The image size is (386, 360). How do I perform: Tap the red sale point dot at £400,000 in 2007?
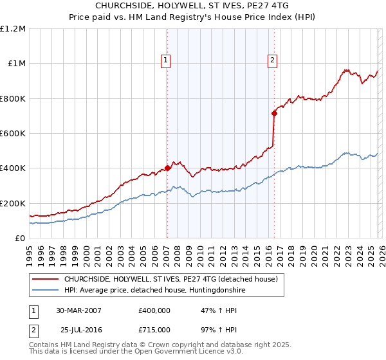167,168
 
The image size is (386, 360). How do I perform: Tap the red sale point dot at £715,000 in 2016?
274,113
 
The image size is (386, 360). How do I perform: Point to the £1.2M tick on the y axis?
13,29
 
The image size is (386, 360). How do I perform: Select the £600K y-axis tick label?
14,134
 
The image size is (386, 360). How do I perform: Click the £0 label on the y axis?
21,239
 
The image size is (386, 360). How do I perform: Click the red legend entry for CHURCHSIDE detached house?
170,279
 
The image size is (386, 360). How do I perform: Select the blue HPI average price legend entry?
154,291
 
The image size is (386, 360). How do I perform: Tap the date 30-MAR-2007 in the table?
79,310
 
